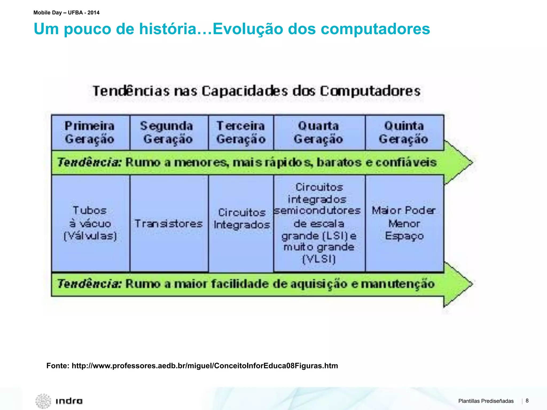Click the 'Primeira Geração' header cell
[90, 133]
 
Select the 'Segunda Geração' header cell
[167, 133]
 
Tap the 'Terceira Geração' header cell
[241, 133]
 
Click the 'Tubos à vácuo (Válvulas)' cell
[90, 223]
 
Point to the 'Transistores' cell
[169, 223]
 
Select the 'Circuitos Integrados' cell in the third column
[241, 219]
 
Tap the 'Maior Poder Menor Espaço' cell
[404, 223]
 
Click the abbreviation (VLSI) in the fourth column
[319, 259]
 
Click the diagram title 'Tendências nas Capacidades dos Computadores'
[256, 91]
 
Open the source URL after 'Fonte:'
[205, 366]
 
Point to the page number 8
[527, 401]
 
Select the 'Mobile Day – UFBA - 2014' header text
[67, 13]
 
